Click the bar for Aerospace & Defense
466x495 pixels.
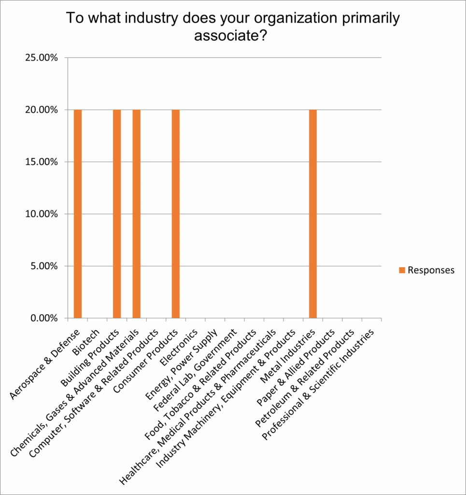(78, 214)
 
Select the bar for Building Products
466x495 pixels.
(117, 214)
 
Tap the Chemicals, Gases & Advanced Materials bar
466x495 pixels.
(137, 214)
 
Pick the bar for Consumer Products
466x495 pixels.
(176, 214)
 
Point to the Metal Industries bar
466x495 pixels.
(313, 214)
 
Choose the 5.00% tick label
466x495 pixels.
(43, 266)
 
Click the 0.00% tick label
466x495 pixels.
(43, 319)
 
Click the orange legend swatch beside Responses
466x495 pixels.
(402, 270)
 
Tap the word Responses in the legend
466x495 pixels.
(431, 270)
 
